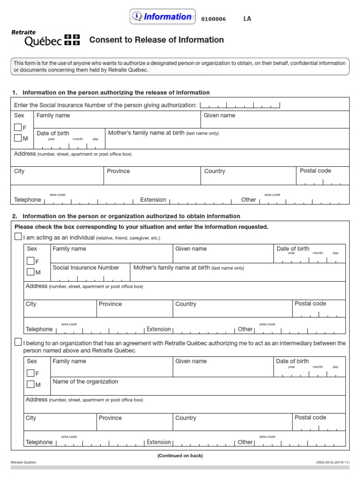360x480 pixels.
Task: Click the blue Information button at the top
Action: pos(163,17)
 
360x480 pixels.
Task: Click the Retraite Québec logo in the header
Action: pos(45,38)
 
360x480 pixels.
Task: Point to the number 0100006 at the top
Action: pos(213,19)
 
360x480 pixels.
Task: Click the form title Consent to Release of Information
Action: pos(156,40)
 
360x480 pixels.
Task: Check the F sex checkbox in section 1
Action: pos(18,127)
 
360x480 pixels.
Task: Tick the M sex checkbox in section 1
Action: pos(18,138)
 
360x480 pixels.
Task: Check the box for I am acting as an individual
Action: pos(18,237)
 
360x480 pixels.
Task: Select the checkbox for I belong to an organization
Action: pos(18,342)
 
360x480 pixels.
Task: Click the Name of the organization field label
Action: pos(85,382)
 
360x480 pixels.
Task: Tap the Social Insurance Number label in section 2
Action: pos(86,268)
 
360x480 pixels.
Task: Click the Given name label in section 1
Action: pos(219,115)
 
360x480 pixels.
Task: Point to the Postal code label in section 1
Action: pos(315,171)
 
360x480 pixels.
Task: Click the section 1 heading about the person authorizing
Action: pos(116,92)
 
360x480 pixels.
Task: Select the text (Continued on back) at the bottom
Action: pos(180,456)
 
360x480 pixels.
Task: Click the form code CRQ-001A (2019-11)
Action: pos(332,463)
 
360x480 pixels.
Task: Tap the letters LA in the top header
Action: pos(247,19)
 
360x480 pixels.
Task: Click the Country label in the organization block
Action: pos(186,418)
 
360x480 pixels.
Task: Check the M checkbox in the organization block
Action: pos(30,384)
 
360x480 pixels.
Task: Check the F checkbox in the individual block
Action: pos(30,261)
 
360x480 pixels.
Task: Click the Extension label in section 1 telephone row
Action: pos(153,200)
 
